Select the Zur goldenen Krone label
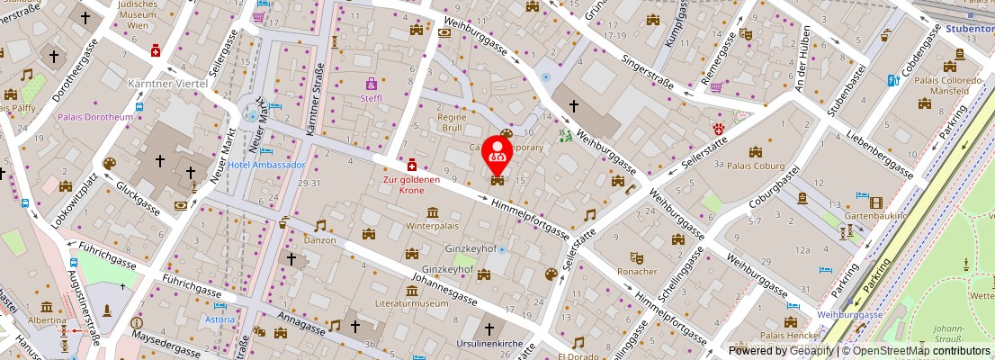tap(411, 184)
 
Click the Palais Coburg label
tap(756, 166)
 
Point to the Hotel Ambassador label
tap(266, 165)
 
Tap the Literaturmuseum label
tap(411, 304)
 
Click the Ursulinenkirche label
tap(490, 344)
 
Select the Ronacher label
tap(637, 271)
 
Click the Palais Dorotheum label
tap(95, 117)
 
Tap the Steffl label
tap(371, 98)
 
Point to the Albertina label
tap(46, 320)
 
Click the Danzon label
tap(318, 240)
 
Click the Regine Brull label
tap(452, 122)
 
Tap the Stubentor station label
tap(970, 28)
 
